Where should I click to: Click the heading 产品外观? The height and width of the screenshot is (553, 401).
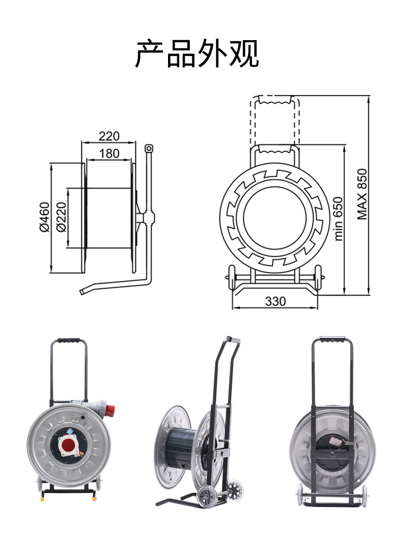(x=197, y=53)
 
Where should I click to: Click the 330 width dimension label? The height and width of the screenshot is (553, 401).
(x=275, y=301)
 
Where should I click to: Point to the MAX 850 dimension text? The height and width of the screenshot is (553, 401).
(x=362, y=194)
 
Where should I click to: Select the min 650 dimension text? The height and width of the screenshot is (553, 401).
(x=338, y=219)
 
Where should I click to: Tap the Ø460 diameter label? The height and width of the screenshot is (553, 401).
(x=45, y=217)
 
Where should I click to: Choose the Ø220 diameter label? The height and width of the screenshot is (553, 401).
(x=61, y=217)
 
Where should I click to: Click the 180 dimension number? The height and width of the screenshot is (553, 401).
(x=109, y=153)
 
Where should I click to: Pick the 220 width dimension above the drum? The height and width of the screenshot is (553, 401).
(x=109, y=136)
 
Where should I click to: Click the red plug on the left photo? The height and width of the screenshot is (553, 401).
(x=111, y=410)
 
